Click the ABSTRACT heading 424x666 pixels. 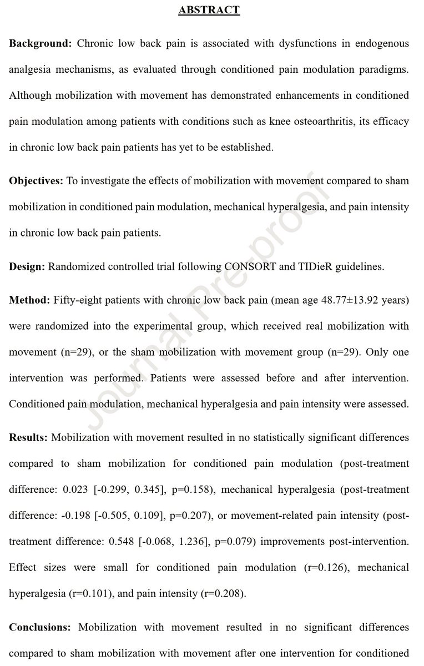click(x=209, y=10)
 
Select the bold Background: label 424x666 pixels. click(x=40, y=43)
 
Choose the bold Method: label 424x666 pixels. click(x=29, y=301)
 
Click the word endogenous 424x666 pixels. click(x=380, y=43)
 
